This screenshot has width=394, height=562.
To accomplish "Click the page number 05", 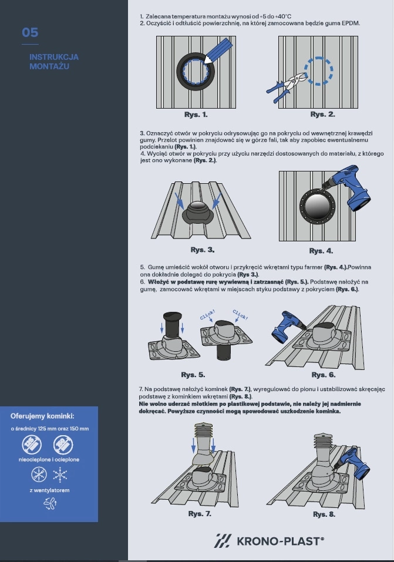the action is pos(30,33).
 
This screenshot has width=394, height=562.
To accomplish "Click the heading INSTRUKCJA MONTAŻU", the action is pos(54,62).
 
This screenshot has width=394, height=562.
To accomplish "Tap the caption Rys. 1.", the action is pos(196,115).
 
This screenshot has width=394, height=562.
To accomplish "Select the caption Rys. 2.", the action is pos(322,115).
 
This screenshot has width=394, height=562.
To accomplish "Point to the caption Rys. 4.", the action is pos(321,251).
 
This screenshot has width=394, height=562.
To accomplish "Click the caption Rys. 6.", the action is pos(324,375).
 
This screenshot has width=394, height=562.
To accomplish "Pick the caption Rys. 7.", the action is pos(200,514).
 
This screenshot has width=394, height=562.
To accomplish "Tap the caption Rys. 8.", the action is pos(324,514).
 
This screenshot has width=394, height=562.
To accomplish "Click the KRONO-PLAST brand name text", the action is pos(280,541).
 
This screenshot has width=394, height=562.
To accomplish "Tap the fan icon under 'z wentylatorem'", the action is pos(50,504).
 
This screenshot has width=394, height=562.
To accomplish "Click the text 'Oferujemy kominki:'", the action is pos(42,416).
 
